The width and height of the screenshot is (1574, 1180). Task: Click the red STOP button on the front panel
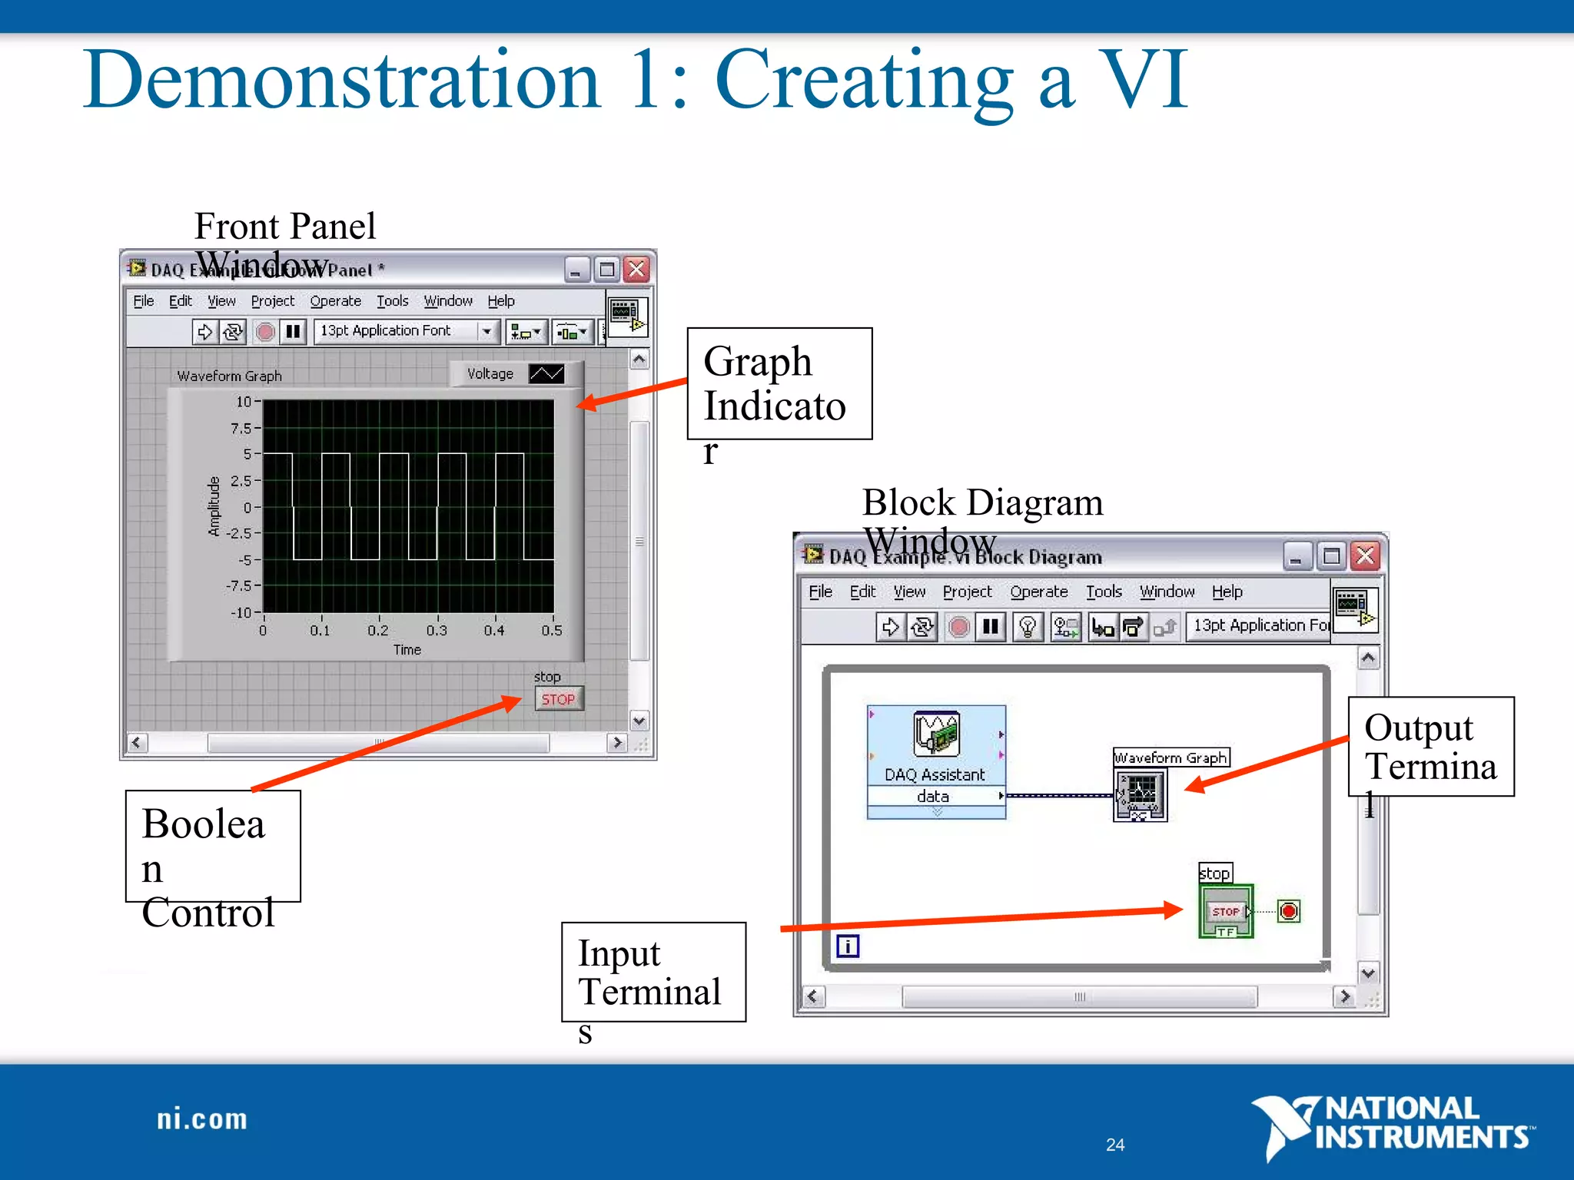pos(559,699)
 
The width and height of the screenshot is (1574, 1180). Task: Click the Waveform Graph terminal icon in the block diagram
pos(1141,795)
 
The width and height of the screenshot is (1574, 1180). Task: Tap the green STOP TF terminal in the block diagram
pos(1226,912)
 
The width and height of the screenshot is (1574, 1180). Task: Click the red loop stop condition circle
pos(1289,912)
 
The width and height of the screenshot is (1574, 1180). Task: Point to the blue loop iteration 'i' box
pos(848,946)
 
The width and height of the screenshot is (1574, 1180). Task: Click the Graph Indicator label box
pos(779,383)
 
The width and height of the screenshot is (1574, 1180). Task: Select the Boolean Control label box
pos(213,846)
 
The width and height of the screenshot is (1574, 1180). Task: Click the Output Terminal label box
pos(1430,746)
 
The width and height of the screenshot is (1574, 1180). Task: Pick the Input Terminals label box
pos(653,972)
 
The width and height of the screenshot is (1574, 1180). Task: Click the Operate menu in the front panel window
pos(335,301)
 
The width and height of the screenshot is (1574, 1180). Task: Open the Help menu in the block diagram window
pos(1227,592)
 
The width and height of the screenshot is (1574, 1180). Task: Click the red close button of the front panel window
pos(636,270)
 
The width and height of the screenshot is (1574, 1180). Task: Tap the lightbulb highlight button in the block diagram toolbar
pos(1028,627)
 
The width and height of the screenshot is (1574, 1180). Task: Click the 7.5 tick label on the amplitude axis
pos(241,428)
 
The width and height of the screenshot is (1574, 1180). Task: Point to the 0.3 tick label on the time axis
pos(437,631)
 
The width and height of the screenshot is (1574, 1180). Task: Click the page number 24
pos(1115,1145)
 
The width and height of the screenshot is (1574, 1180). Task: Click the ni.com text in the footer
pos(202,1119)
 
